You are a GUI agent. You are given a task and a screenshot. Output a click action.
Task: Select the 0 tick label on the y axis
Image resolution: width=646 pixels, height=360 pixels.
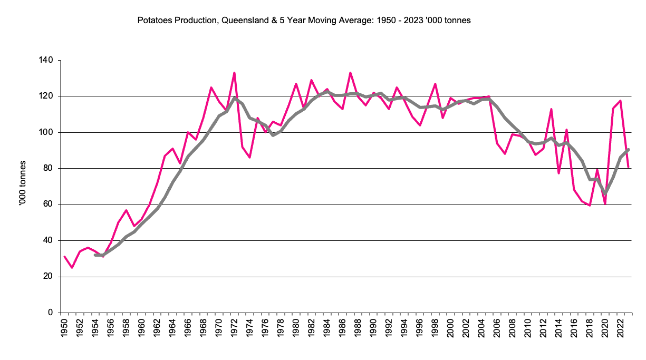click(x=51, y=313)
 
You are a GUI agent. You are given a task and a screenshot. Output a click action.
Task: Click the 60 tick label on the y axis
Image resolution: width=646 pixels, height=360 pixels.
click(x=49, y=205)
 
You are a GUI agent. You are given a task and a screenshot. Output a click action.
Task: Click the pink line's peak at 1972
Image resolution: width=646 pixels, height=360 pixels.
click(x=234, y=73)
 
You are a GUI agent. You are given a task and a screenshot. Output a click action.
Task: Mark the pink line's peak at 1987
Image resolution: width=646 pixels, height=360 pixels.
click(x=350, y=73)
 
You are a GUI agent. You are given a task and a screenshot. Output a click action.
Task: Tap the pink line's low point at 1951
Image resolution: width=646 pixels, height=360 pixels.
click(x=72, y=267)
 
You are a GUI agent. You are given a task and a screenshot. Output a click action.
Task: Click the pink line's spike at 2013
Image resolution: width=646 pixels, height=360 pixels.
click(x=551, y=109)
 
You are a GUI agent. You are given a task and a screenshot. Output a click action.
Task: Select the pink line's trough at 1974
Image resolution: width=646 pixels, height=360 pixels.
click(x=249, y=158)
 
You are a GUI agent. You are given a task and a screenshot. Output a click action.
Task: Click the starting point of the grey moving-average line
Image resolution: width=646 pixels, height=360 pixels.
click(x=95, y=255)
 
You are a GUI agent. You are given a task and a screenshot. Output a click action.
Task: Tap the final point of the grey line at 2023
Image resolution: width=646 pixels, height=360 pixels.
click(x=629, y=149)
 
